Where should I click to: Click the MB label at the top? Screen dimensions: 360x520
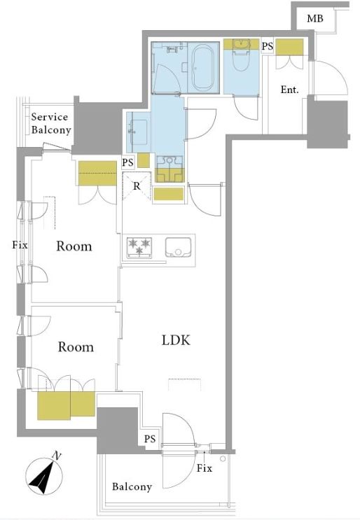pyautogui.click(x=315, y=18)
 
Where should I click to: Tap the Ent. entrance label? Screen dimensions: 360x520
pyautogui.click(x=290, y=90)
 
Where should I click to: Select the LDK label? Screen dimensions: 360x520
pyautogui.click(x=176, y=340)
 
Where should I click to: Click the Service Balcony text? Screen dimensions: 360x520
pyautogui.click(x=51, y=123)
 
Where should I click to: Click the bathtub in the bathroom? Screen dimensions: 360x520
pyautogui.click(x=202, y=68)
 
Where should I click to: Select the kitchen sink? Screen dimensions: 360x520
pyautogui.click(x=178, y=247)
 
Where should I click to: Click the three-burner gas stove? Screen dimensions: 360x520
pyautogui.click(x=139, y=248)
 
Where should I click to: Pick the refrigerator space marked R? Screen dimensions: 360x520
pyautogui.click(x=137, y=186)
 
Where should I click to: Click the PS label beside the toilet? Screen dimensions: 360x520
pyautogui.click(x=267, y=46)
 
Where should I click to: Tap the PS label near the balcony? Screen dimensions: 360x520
pyautogui.click(x=150, y=439)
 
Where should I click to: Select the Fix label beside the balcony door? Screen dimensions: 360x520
pyautogui.click(x=204, y=468)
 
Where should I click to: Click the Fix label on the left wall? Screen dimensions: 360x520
pyautogui.click(x=20, y=245)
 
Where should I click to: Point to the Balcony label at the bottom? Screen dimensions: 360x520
pyautogui.click(x=132, y=487)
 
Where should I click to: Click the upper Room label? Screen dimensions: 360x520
pyautogui.click(x=74, y=246)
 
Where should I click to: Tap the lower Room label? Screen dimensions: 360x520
pyautogui.click(x=76, y=347)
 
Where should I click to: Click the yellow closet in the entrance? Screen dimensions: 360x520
pyautogui.click(x=289, y=47)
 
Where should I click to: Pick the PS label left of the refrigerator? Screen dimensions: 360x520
pyautogui.click(x=127, y=162)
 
